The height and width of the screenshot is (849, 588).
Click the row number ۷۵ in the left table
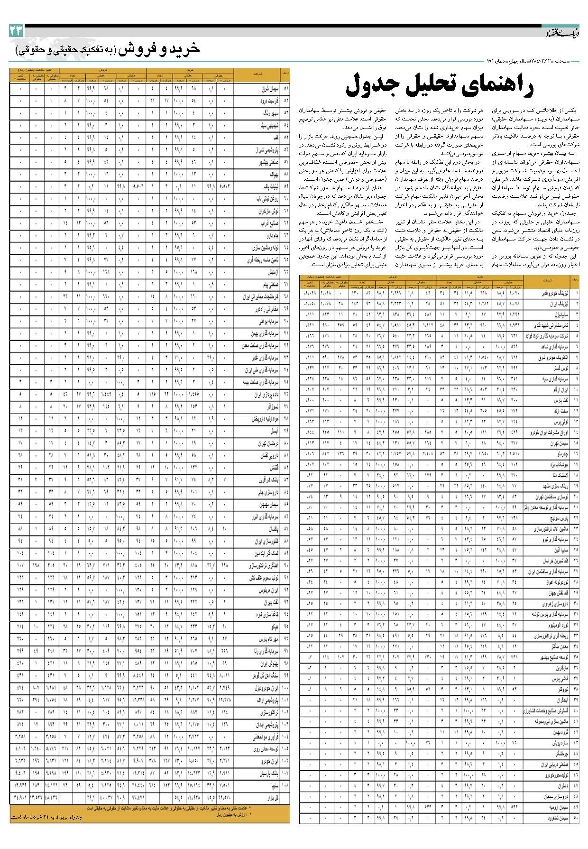pos(286,381)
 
